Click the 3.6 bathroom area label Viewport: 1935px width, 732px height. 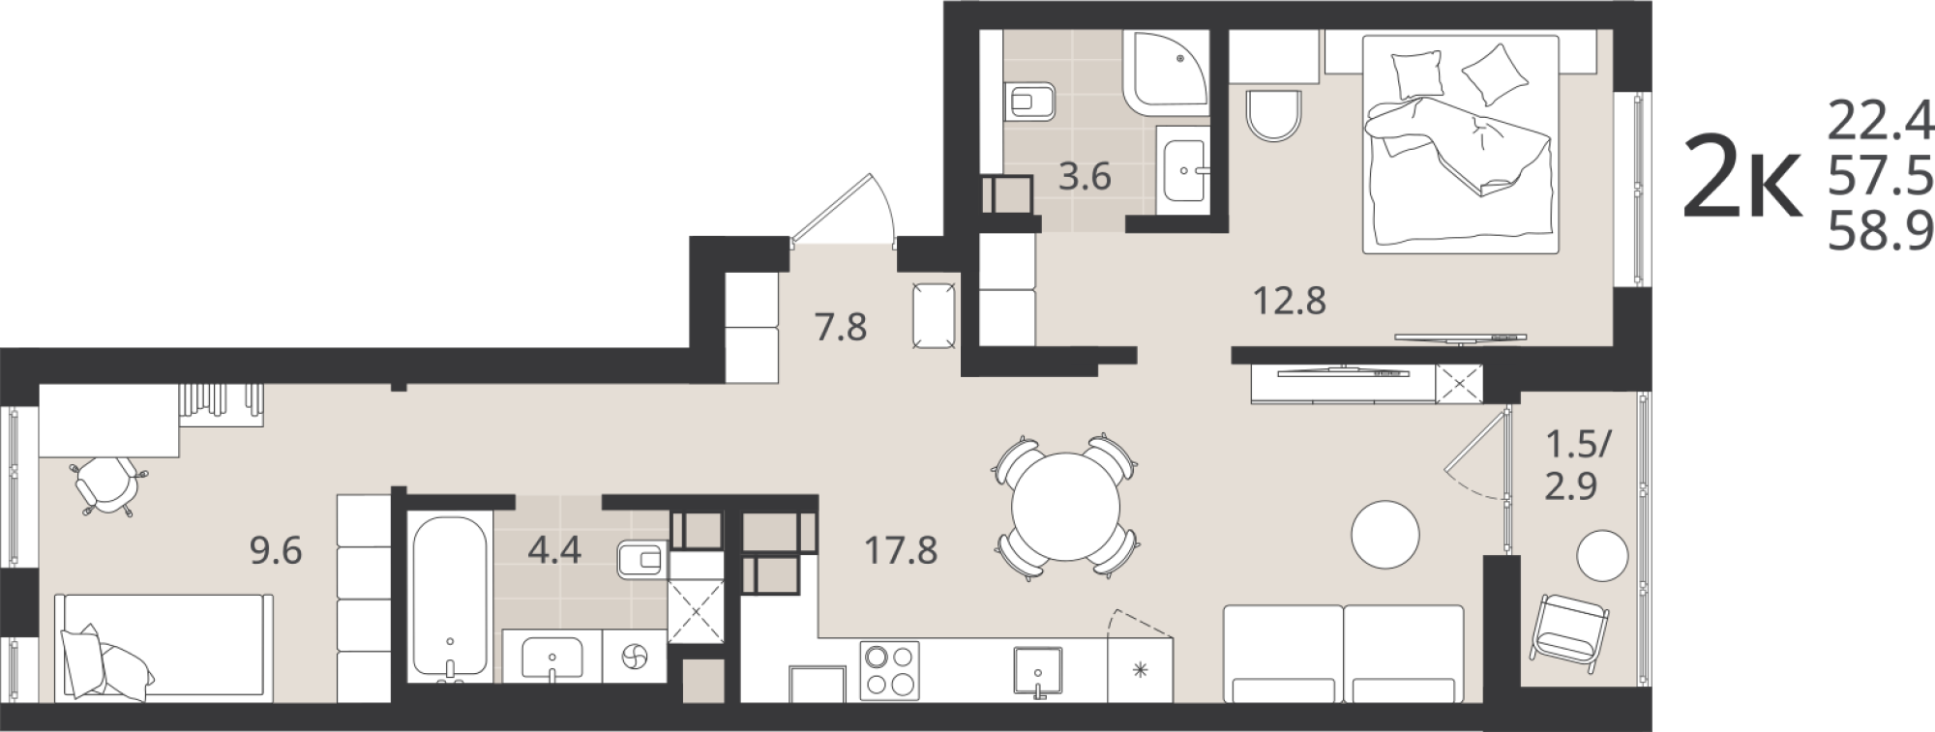tap(1085, 177)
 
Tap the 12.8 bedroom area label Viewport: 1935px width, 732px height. tap(1290, 302)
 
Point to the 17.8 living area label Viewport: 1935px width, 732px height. tap(901, 551)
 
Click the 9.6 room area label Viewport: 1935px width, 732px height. tap(277, 551)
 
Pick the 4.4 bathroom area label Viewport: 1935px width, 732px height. tap(554, 550)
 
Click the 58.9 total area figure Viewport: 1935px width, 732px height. tap(1880, 232)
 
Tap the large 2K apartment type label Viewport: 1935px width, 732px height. tap(1743, 177)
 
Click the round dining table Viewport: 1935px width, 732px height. tap(1065, 507)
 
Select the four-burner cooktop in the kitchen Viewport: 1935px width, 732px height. tap(889, 671)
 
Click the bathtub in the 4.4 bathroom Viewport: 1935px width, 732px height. tap(448, 595)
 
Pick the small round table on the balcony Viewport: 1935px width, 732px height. tap(1602, 556)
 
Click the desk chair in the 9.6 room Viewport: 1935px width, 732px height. tap(107, 483)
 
